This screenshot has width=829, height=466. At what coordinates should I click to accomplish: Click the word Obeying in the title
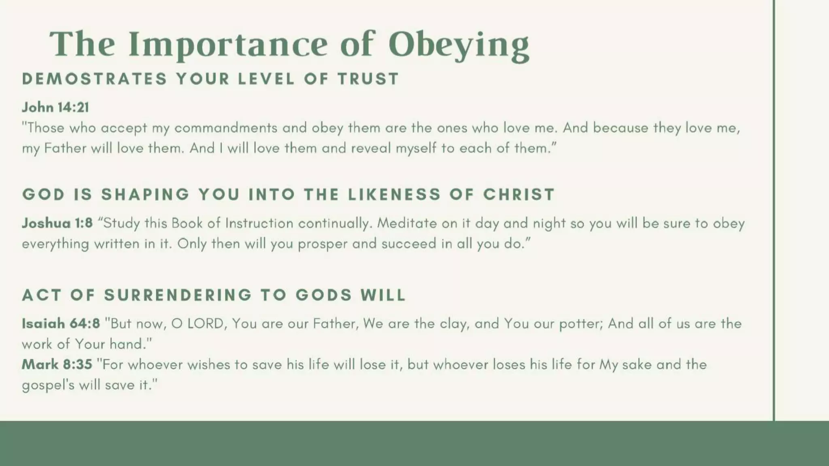[459, 44]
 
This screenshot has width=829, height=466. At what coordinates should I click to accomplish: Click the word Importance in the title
[228, 44]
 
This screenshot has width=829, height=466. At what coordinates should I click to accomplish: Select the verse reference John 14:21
[55, 107]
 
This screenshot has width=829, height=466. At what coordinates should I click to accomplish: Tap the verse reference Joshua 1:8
[57, 223]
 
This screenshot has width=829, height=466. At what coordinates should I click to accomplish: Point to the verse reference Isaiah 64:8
[61, 323]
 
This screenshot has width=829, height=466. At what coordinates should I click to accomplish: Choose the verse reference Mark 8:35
[57, 364]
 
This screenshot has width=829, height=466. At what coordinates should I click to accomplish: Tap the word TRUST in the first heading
[369, 78]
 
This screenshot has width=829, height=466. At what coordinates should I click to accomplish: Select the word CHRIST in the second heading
[519, 195]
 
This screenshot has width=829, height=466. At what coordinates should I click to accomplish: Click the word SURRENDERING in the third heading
[178, 295]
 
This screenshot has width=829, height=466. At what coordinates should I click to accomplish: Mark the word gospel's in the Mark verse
[48, 385]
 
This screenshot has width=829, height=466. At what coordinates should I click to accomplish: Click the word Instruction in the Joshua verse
[259, 223]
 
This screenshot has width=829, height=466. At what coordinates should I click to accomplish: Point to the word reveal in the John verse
[371, 148]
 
